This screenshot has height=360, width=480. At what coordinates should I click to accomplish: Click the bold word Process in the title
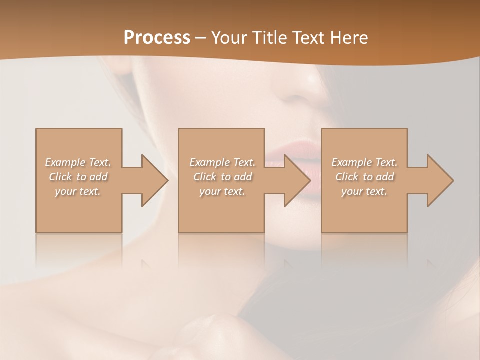(157, 38)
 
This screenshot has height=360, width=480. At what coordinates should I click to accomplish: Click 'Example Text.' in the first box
(78, 162)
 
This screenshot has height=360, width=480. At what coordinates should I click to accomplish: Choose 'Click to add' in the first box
(78, 177)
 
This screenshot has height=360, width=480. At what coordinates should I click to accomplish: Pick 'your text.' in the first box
(78, 191)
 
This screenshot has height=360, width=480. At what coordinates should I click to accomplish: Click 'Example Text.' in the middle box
(222, 162)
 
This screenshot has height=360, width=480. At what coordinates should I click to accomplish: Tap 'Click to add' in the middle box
(222, 177)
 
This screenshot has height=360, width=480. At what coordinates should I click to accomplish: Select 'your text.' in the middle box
(222, 191)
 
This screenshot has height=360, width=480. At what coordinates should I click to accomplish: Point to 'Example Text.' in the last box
(364, 162)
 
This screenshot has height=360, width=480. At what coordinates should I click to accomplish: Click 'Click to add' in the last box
(364, 177)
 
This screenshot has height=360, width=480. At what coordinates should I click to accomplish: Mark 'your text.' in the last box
(364, 191)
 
